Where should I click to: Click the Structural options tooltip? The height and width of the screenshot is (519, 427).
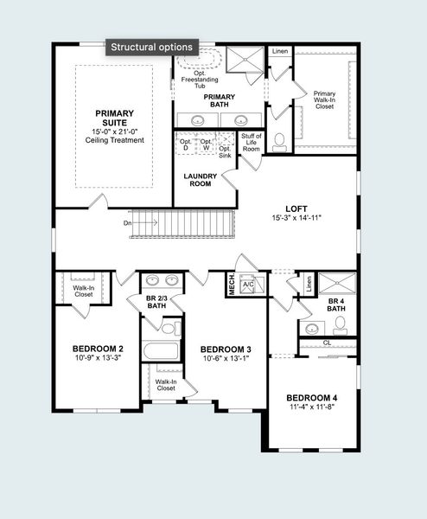point(153,47)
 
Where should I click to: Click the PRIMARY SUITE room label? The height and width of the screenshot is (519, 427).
point(115,118)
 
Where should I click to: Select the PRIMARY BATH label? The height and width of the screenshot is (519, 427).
point(213,100)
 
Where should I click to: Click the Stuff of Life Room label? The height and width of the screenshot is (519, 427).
point(252,143)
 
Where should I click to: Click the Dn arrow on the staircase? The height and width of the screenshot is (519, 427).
point(143,222)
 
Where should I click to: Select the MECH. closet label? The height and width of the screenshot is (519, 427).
point(231,285)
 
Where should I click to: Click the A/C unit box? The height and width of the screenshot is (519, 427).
point(247,285)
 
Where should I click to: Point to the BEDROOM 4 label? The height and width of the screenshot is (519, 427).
point(312,397)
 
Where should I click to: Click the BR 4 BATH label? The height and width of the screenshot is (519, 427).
point(337,305)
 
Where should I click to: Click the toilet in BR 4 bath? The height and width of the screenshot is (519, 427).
point(340,324)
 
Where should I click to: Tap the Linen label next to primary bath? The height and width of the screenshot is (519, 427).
point(279,52)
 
